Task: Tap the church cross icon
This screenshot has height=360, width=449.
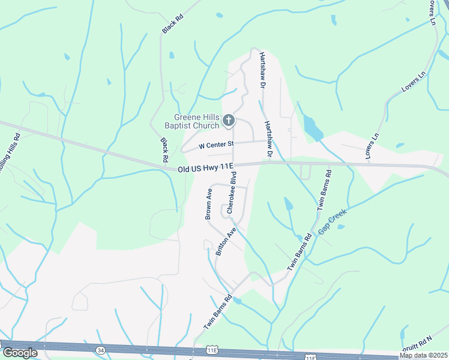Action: click(x=228, y=121)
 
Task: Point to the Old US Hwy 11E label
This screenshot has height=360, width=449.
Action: click(x=205, y=170)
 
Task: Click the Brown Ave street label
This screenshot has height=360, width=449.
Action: click(x=209, y=204)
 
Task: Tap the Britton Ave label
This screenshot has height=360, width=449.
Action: click(x=226, y=241)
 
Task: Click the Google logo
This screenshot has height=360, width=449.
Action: click(x=20, y=353)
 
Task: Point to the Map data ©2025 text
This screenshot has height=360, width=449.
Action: click(x=423, y=355)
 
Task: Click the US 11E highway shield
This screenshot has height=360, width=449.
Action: click(x=211, y=349)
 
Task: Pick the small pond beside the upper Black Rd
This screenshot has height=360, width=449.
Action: click(x=172, y=55)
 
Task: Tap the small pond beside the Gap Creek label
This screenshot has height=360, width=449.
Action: click(x=341, y=227)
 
